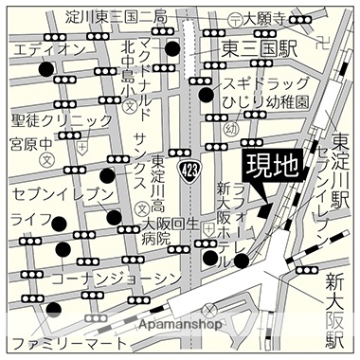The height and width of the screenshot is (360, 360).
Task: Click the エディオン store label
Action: point(42,48)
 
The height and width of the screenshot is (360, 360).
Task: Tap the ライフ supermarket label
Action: point(29,220)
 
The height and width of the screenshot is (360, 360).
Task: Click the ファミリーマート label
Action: point(63,343)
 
